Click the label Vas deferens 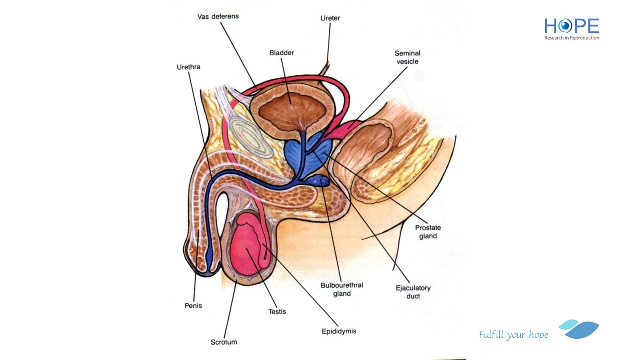click(218, 16)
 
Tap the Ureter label click(330, 18)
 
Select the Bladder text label click(281, 53)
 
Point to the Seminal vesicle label click(407, 57)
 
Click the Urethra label click(188, 67)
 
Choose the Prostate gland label click(428, 232)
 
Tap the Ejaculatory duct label click(413, 292)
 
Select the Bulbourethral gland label click(342, 289)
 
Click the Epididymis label click(339, 331)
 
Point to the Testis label click(277, 311)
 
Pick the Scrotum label click(223, 342)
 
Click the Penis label click(193, 305)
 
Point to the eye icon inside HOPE click(565, 26)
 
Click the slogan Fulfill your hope click(513, 335)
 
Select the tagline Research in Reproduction click(571, 38)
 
